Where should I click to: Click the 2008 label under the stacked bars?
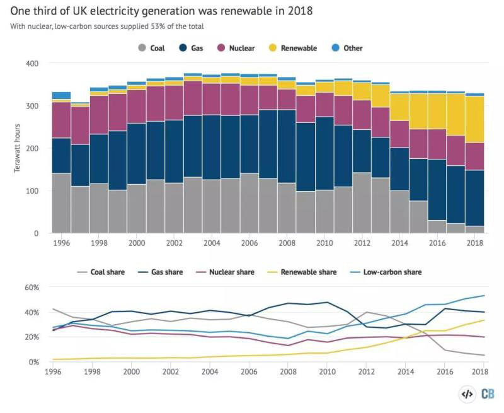pyautogui.click(x=287, y=242)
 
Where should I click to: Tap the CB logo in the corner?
pyautogui.click(x=488, y=393)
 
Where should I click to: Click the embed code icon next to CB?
pyautogui.click(x=467, y=394)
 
